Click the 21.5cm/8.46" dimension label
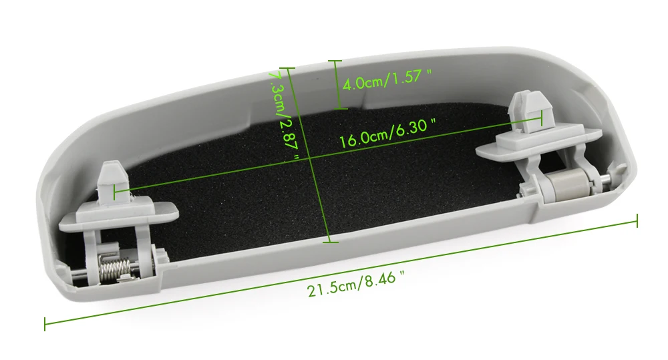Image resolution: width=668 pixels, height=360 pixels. [355, 284]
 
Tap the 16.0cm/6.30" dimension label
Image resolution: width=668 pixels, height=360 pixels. [387, 133]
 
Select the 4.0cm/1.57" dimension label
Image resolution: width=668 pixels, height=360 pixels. [387, 79]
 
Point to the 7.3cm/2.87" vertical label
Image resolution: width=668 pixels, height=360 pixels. [283, 114]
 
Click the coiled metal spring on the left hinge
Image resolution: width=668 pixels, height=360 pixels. [115, 267]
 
